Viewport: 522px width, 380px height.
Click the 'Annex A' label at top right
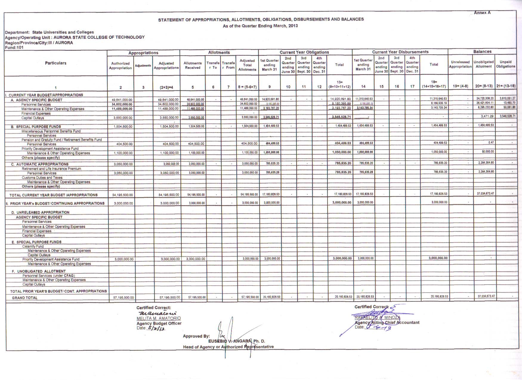click(x=482, y=13)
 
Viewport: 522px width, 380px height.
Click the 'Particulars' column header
click(x=55, y=63)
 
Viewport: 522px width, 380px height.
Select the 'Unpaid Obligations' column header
click(x=506, y=64)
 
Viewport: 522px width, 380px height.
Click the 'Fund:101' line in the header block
click(x=14, y=47)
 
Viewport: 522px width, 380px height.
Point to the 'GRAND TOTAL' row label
click(x=25, y=298)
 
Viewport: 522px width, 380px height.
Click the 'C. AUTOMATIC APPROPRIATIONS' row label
click(x=40, y=164)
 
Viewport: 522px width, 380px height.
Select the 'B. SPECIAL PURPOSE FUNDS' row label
click(x=36, y=127)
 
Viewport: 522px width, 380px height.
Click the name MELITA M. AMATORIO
click(x=158, y=318)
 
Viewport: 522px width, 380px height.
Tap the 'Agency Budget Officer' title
click(x=159, y=323)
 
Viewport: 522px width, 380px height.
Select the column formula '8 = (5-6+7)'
click(x=247, y=87)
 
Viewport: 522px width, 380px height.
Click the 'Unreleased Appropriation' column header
click(x=460, y=64)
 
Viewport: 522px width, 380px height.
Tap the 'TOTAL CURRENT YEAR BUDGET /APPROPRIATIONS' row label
click(x=53, y=195)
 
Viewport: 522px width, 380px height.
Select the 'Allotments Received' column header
click(x=192, y=65)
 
